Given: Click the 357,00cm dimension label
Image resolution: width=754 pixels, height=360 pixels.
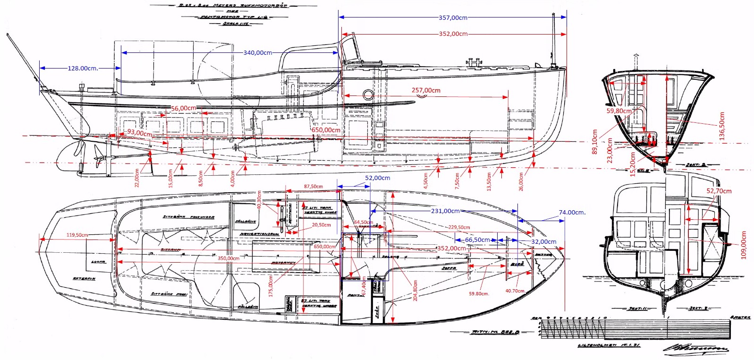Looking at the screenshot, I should [x=453, y=17].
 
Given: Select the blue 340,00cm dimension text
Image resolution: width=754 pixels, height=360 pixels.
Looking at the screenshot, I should [x=258, y=52].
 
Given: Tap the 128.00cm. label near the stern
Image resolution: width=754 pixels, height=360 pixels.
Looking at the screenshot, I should [x=83, y=68].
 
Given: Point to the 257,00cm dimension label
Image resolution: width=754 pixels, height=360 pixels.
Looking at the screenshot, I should [x=426, y=90].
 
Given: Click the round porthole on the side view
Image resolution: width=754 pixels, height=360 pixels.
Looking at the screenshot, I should [x=368, y=94].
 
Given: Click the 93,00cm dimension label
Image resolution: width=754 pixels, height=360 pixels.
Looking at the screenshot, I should [x=139, y=133].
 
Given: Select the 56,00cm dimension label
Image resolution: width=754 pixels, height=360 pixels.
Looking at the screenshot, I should [x=183, y=108].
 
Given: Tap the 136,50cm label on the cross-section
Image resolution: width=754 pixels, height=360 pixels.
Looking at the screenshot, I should [x=721, y=126].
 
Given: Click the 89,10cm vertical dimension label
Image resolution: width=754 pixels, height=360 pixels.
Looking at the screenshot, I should [x=594, y=141].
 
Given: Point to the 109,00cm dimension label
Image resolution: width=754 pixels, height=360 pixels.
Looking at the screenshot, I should [x=744, y=245].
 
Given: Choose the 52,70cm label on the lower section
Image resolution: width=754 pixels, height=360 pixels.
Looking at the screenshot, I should [x=719, y=191].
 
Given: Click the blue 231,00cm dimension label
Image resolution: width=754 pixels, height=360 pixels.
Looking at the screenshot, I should [x=445, y=211].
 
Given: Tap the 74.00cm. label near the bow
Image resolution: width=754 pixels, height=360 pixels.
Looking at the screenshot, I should [x=572, y=212].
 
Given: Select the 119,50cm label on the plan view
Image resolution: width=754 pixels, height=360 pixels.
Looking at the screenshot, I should [x=77, y=235].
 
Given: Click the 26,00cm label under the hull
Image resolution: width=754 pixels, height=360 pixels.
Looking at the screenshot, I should [x=521, y=181].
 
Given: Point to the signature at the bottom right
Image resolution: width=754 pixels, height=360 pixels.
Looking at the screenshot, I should [x=696, y=349].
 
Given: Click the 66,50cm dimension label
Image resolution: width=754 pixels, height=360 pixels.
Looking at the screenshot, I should [x=477, y=240].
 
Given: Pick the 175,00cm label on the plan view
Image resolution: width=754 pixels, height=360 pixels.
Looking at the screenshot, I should [x=271, y=286].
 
